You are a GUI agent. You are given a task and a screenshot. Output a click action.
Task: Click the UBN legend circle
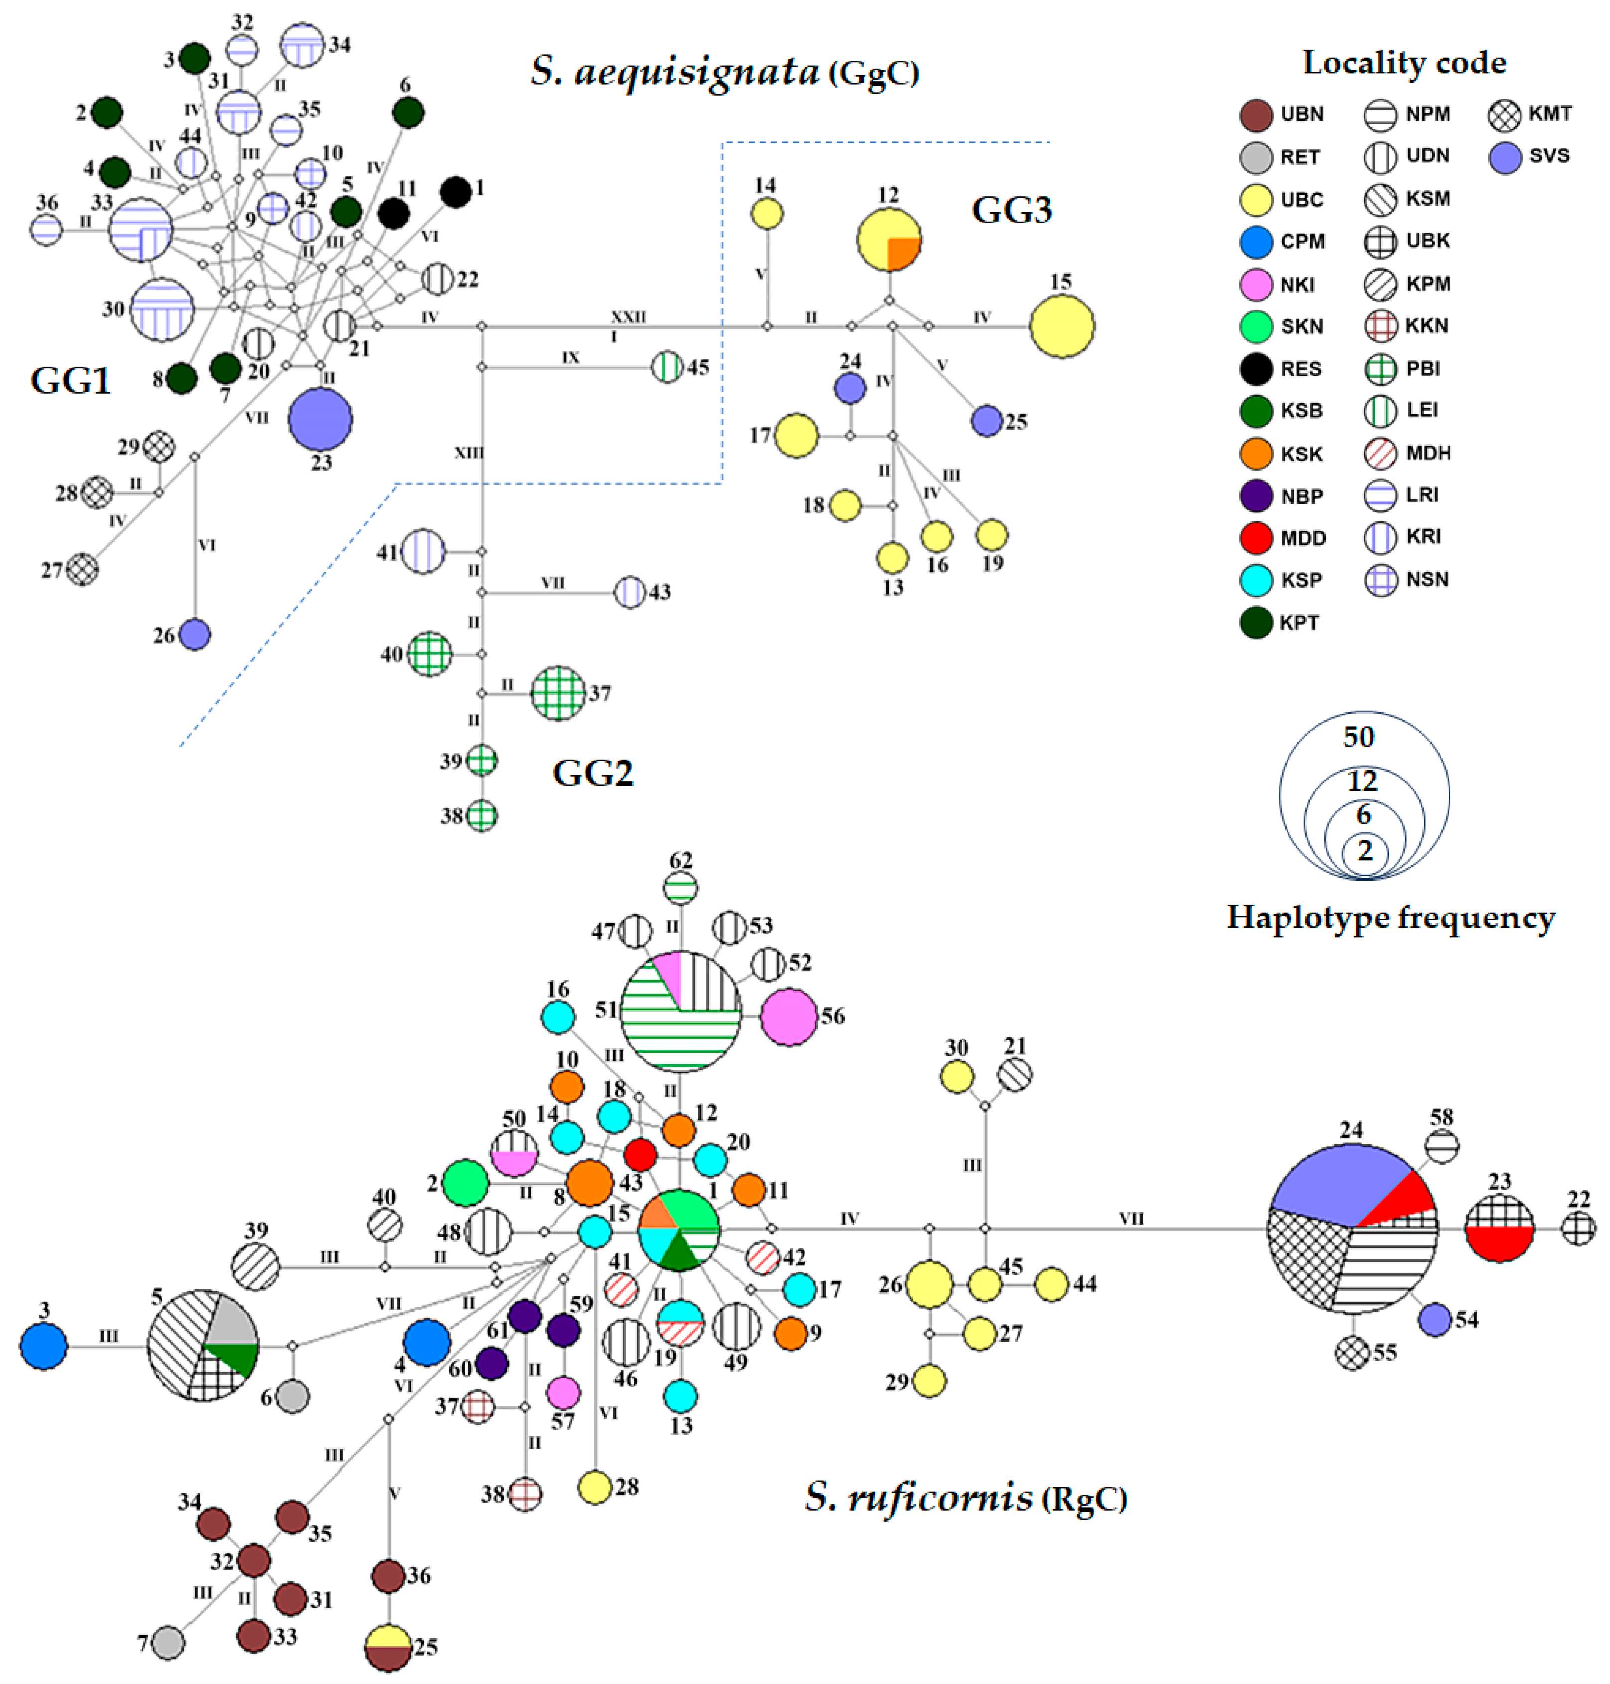pyautogui.click(x=1256, y=114)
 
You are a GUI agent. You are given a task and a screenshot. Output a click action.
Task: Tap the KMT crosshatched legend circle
pyautogui.click(x=1504, y=114)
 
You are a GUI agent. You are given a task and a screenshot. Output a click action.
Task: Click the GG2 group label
pyautogui.click(x=592, y=773)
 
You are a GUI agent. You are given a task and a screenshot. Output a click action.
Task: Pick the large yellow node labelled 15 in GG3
pyautogui.click(x=1062, y=326)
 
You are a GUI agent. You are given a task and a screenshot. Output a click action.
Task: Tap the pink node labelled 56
pyautogui.click(x=789, y=1017)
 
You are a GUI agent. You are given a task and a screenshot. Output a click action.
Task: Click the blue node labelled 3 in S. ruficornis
pyautogui.click(x=44, y=1346)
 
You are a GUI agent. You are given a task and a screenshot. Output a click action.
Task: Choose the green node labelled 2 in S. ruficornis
pyautogui.click(x=465, y=1183)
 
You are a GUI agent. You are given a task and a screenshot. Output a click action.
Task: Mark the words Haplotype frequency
pyautogui.click(x=1390, y=917)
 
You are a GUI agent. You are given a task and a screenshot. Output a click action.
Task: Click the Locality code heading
pyautogui.click(x=1404, y=63)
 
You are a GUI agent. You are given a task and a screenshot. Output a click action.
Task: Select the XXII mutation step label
pyautogui.click(x=628, y=316)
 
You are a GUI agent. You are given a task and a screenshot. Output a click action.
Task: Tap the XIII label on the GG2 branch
pyautogui.click(x=469, y=452)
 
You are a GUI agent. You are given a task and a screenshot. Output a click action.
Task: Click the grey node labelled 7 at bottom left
pyautogui.click(x=168, y=1643)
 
